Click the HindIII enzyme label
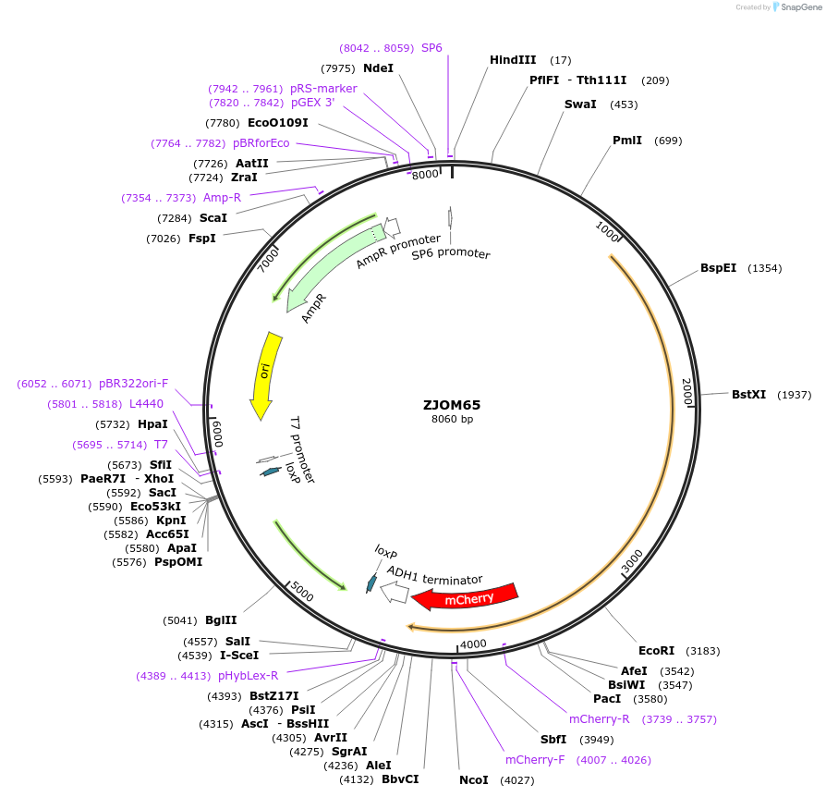[513, 60]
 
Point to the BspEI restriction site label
[718, 268]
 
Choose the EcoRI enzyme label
[657, 651]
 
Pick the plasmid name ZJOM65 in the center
[452, 404]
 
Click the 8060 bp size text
[452, 420]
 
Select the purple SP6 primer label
[431, 47]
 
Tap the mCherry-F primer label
[535, 760]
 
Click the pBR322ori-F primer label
[134, 384]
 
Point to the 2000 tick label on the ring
[686, 391]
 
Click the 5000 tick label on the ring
[302, 592]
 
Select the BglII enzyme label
[221, 620]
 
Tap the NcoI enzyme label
[473, 780]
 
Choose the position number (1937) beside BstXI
[794, 395]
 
